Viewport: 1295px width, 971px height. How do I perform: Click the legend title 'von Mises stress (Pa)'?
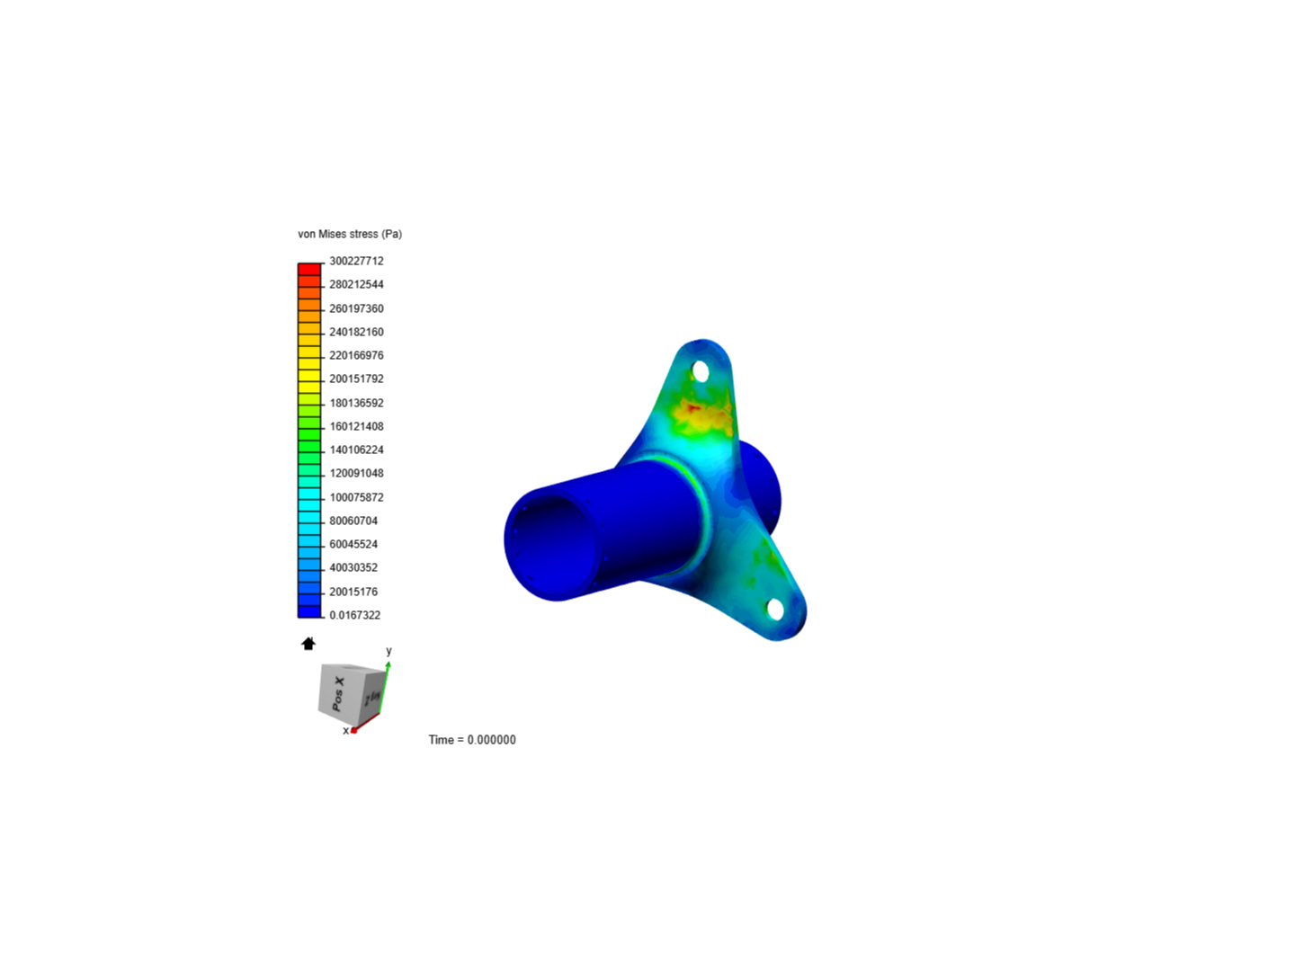pyautogui.click(x=350, y=234)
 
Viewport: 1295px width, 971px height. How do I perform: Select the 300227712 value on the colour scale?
pyautogui.click(x=356, y=261)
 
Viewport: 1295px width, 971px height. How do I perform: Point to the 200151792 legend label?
pyautogui.click(x=356, y=379)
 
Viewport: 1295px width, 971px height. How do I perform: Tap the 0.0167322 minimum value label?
pyautogui.click(x=354, y=615)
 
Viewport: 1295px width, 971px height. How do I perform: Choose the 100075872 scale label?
pyautogui.click(x=356, y=497)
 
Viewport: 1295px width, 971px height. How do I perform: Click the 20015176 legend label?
pyautogui.click(x=353, y=592)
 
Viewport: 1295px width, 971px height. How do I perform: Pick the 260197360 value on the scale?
pyautogui.click(x=356, y=308)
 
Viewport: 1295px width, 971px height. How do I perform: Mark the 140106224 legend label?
pyautogui.click(x=356, y=450)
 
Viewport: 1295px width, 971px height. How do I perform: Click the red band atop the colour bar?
pyautogui.click(x=309, y=269)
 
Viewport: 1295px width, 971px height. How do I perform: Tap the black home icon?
pyautogui.click(x=308, y=644)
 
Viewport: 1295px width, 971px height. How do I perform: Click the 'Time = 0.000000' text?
pyautogui.click(x=472, y=740)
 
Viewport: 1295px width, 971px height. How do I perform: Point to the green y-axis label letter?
pyautogui.click(x=388, y=651)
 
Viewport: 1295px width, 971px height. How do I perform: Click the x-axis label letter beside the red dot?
pyautogui.click(x=345, y=731)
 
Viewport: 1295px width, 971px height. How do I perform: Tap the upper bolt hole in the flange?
pyautogui.click(x=701, y=370)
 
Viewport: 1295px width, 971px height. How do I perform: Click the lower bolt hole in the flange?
pyautogui.click(x=775, y=609)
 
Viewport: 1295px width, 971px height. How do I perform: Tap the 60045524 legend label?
pyautogui.click(x=353, y=544)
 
